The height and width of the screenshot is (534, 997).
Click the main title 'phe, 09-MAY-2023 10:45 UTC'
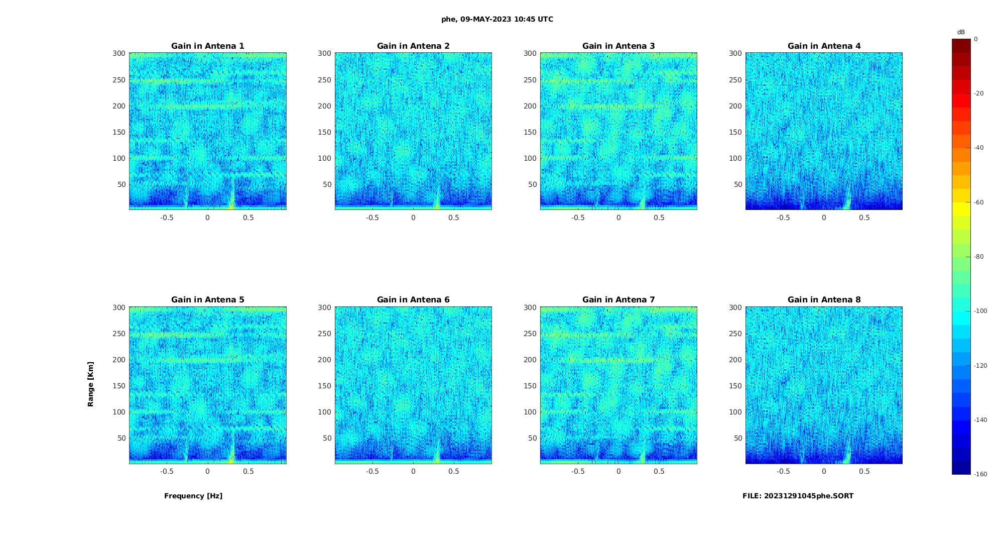[497, 19]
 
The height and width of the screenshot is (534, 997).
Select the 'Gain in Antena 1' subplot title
[208, 46]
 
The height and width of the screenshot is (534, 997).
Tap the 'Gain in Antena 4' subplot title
[824, 46]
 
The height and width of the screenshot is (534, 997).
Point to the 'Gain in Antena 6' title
[413, 299]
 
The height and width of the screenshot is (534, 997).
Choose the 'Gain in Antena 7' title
[618, 299]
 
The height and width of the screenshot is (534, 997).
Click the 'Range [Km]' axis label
[91, 384]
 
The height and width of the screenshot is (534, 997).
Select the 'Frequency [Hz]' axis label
[193, 496]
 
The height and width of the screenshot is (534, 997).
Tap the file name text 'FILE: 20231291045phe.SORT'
[798, 496]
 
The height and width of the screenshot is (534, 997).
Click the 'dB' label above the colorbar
[961, 32]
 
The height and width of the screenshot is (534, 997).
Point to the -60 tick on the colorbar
[979, 202]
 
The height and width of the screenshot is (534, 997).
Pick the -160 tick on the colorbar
[980, 474]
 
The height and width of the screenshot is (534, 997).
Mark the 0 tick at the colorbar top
[976, 39]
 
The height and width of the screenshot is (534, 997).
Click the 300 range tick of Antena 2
[325, 53]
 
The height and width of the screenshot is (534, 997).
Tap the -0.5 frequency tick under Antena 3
[578, 218]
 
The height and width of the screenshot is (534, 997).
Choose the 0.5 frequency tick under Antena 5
[248, 471]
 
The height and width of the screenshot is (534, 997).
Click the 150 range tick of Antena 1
[119, 132]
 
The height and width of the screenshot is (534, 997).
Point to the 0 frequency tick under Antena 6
[413, 471]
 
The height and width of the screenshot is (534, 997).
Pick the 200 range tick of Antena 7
[530, 360]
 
